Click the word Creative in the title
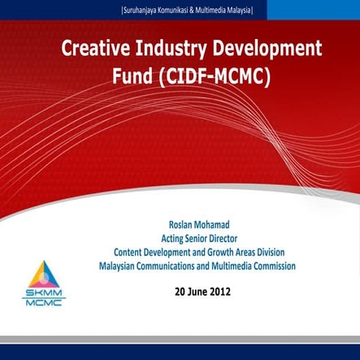tap(93, 49)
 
